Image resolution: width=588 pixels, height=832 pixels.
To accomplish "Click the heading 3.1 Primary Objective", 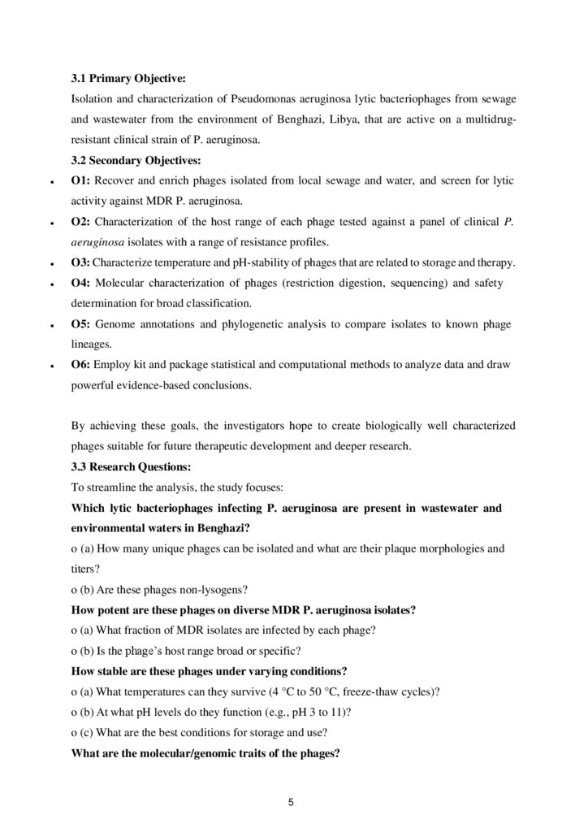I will coord(128,79).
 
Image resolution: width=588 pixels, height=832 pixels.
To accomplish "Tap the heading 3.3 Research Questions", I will coord(132,467).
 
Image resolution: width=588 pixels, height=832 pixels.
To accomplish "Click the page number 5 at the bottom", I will coord(291,803).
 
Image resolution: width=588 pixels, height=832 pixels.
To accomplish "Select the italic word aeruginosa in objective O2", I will coord(98,242).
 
